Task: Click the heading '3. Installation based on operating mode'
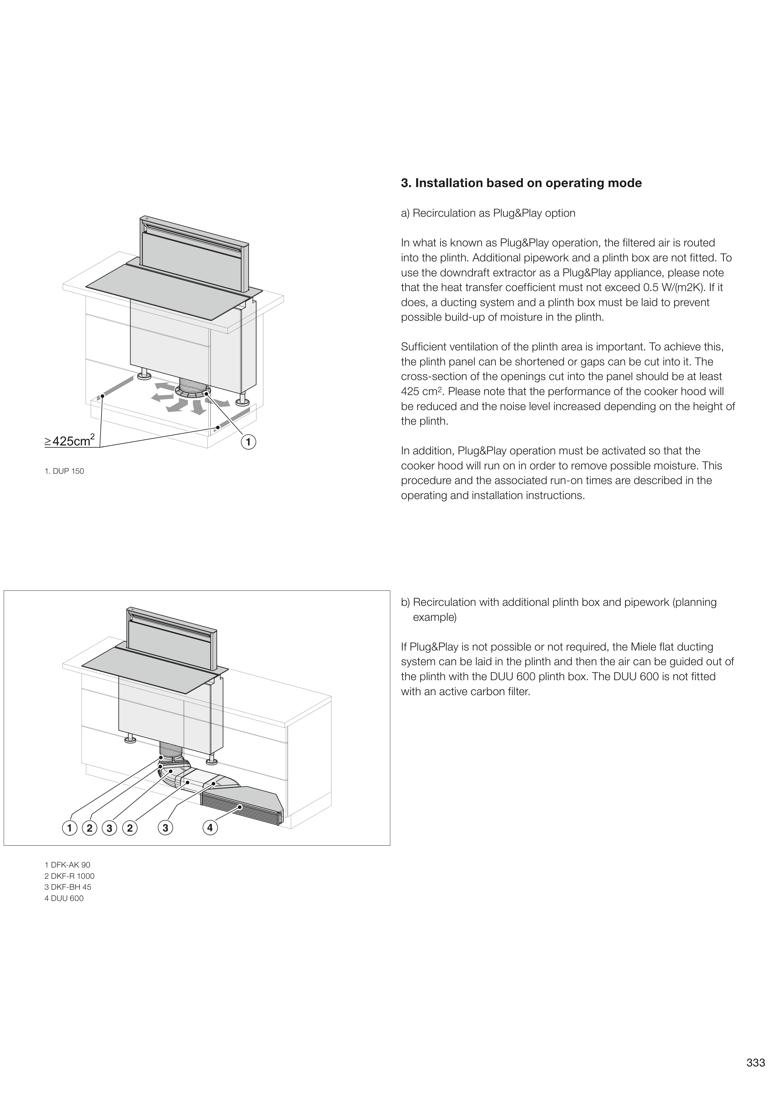coord(521,183)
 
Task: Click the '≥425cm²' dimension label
coord(70,441)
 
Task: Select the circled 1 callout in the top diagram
coord(248,442)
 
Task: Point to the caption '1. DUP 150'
coord(64,471)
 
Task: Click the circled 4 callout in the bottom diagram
coord(210,828)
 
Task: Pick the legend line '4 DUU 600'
coord(64,898)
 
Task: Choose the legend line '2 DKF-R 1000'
coord(69,876)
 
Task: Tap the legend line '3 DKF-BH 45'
coord(68,887)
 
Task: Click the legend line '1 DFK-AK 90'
coord(67,865)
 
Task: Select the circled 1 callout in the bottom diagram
coord(70,828)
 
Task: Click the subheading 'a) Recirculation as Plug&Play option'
coord(488,213)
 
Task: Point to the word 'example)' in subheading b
coord(435,617)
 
